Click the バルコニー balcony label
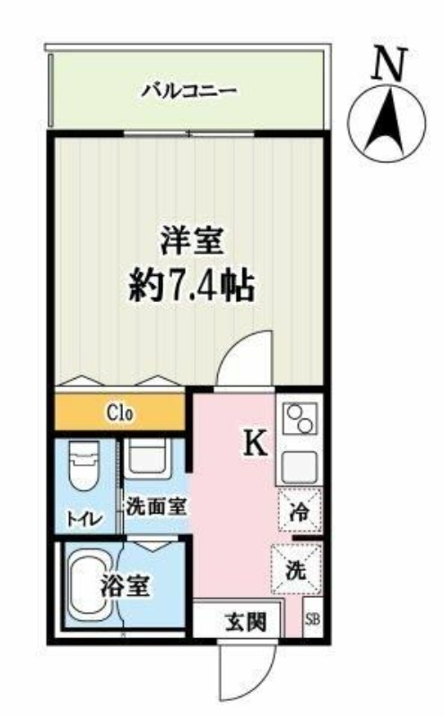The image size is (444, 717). (188, 90)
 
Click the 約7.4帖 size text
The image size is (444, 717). (191, 287)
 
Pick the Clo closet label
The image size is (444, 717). (119, 414)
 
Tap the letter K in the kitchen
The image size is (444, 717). (256, 443)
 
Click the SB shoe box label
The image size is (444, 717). (312, 620)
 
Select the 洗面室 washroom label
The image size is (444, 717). (154, 505)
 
